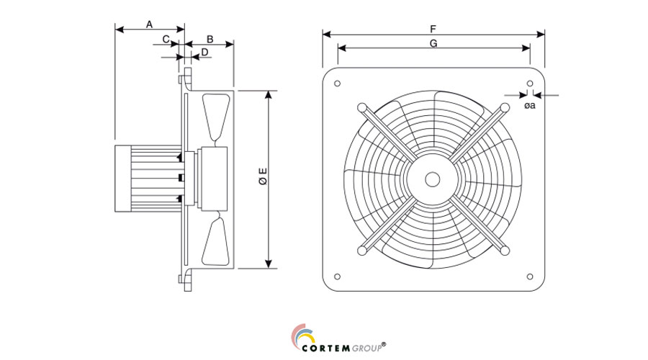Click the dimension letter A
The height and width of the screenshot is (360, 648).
[x=149, y=24]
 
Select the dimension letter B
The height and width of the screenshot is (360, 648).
[x=210, y=38]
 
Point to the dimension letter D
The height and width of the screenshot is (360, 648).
[x=204, y=52]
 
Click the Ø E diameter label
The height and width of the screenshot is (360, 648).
[x=263, y=177]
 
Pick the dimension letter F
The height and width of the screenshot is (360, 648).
[x=433, y=29]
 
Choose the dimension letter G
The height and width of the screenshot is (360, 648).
[x=433, y=43]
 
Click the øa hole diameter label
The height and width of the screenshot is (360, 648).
[x=529, y=106]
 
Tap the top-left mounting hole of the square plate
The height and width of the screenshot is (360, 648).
[x=337, y=83]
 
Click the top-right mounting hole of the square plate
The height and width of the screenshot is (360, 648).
[x=530, y=83]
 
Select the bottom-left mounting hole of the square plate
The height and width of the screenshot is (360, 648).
[x=337, y=275]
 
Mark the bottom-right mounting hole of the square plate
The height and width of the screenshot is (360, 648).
[x=530, y=275]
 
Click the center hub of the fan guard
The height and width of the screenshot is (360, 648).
[x=433, y=179]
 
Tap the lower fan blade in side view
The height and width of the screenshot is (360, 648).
[x=218, y=242]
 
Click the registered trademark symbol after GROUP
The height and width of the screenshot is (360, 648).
[x=384, y=343]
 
